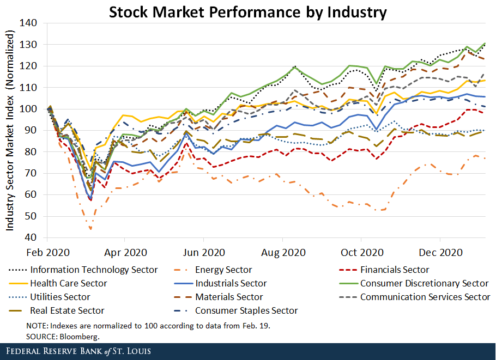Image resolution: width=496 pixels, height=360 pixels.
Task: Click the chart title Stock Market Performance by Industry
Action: click(x=248, y=12)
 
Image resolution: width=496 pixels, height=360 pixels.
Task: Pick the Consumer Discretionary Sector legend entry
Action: click(x=424, y=283)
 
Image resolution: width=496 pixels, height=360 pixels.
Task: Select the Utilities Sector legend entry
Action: click(x=61, y=297)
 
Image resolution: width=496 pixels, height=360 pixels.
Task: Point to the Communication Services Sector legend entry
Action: click(x=425, y=297)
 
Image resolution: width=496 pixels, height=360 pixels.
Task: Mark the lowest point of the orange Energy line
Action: click(x=90, y=229)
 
